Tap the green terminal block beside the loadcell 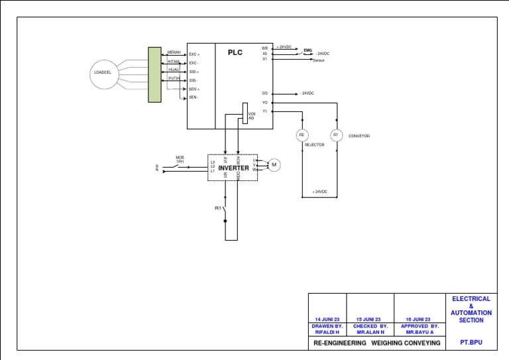coord(154,74)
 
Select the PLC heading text coord(235,52)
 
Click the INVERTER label coord(233,168)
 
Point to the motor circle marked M coord(274,164)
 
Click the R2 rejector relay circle coord(302,135)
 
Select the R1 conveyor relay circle coord(335,135)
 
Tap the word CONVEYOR coord(359,136)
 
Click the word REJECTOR coord(314,144)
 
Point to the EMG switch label coord(308,50)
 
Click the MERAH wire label coord(174,52)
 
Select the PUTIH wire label coord(174,78)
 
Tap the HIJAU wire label coord(174,69)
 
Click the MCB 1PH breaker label coord(179,160)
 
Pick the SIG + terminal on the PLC coord(194,72)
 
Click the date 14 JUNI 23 coord(327,319)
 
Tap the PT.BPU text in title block coord(471,343)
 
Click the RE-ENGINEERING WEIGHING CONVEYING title coord(376,343)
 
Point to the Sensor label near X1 coord(318,60)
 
